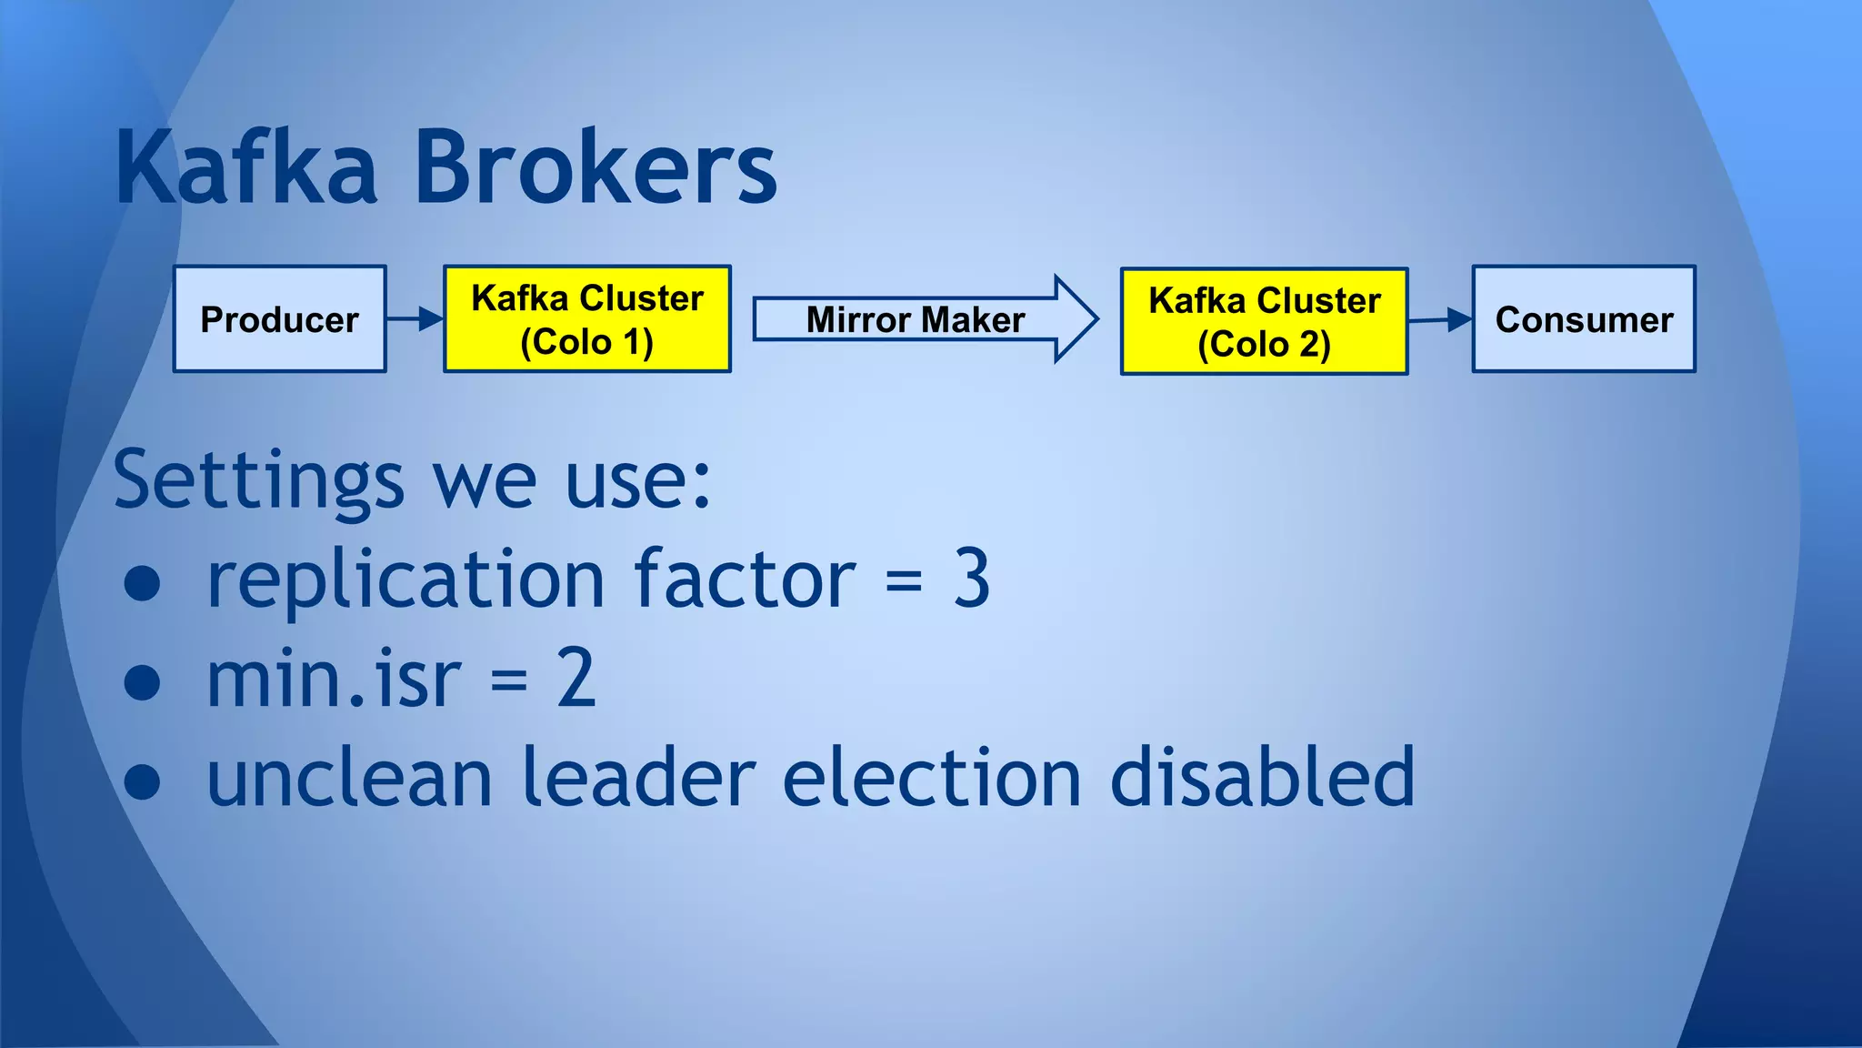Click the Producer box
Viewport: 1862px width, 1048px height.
pos(280,319)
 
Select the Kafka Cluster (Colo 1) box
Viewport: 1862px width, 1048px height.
pos(587,319)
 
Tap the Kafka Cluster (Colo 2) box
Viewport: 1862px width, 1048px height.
pos(1264,321)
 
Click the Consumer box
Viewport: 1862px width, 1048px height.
pos(1584,319)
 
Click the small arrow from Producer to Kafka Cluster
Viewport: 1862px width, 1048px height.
pos(415,318)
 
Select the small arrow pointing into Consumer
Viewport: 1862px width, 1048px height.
pos(1440,319)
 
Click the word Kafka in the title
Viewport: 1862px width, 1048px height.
pos(245,168)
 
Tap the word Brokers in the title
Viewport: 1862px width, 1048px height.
pos(596,168)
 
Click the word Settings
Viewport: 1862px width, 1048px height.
pos(258,480)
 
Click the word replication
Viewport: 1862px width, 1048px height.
pos(405,580)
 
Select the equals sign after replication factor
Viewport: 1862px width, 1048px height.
pos(904,580)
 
